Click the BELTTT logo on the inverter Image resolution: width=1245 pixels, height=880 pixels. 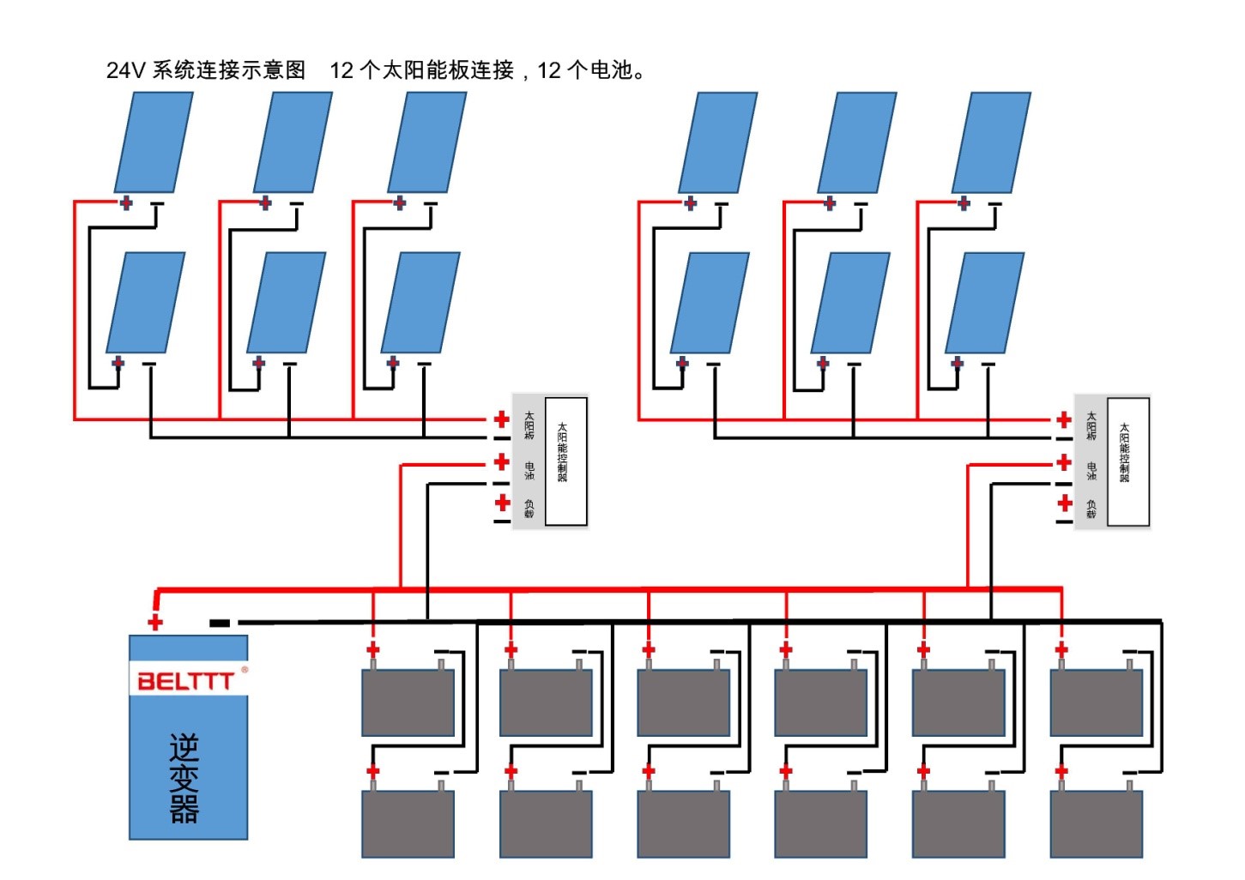coord(185,681)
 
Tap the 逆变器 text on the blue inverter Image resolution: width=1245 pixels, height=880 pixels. coord(184,779)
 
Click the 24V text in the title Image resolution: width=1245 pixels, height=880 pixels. coord(126,70)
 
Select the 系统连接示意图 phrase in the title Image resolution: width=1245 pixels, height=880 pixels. coord(229,70)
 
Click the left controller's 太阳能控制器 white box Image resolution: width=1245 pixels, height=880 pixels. coord(565,461)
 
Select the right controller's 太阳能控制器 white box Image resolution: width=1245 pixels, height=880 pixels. coord(1127,461)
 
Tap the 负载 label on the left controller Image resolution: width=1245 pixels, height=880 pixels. coord(529,509)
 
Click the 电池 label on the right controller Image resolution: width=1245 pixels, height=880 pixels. coord(1091,471)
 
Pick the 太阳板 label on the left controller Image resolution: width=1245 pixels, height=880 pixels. coord(529,425)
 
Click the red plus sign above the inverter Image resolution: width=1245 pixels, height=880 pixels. coord(155,622)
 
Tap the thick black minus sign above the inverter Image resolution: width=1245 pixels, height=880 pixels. coord(220,623)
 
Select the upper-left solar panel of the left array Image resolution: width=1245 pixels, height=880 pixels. coord(154,142)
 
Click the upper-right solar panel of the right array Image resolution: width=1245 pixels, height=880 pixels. coord(991,142)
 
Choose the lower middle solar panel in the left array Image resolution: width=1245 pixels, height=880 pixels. coord(287,303)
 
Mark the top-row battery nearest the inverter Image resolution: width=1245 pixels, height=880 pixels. coord(408,702)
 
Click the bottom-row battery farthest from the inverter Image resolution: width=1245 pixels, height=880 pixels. coord(1097,823)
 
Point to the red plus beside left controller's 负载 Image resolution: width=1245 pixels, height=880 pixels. coord(503,503)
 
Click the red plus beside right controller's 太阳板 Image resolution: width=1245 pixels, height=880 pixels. coord(1064,419)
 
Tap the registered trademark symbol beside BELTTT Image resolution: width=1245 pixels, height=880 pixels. coord(245,670)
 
